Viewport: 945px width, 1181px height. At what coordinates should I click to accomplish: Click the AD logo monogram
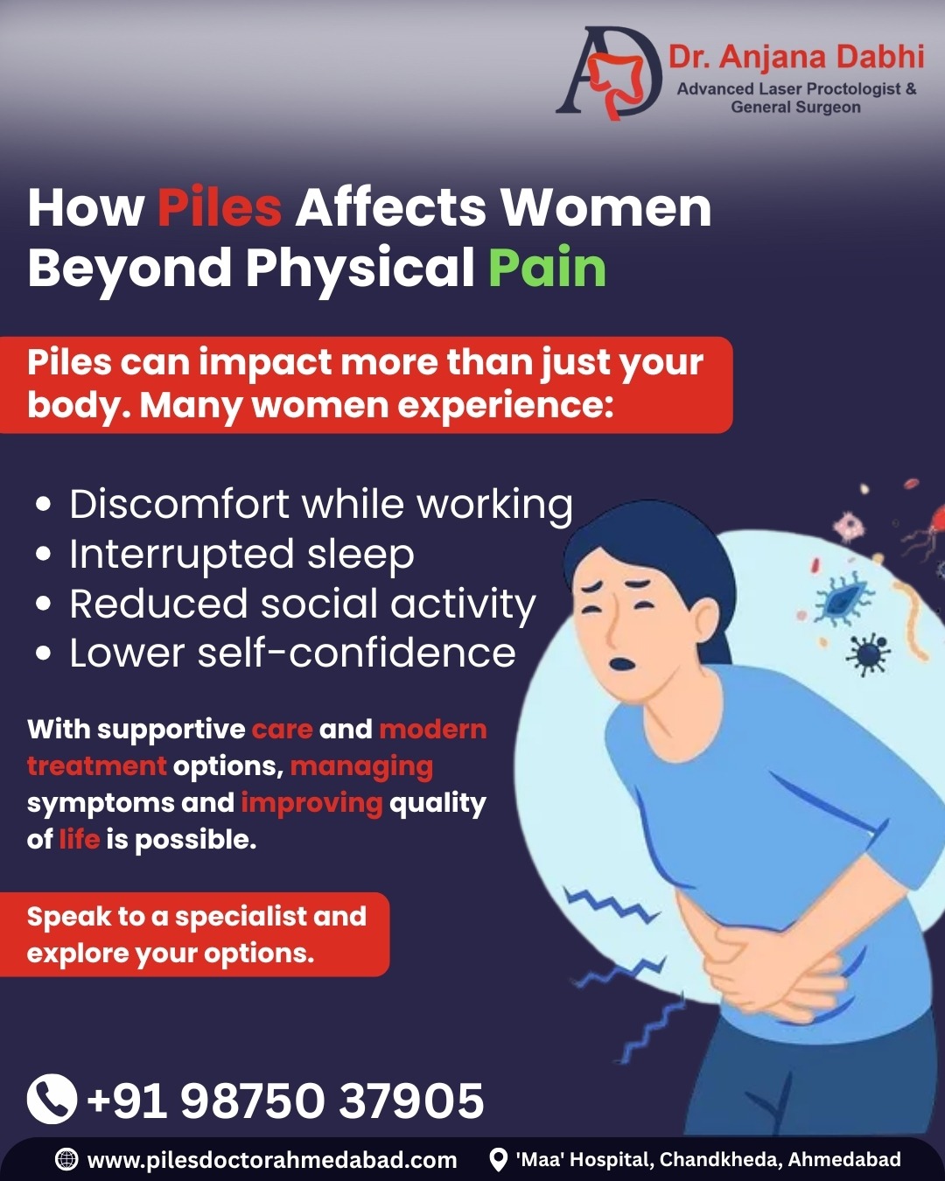(608, 73)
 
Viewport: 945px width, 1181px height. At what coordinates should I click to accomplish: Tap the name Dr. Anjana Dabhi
(796, 57)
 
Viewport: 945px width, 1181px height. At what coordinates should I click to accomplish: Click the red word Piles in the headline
(220, 208)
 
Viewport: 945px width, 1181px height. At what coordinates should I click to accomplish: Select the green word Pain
(548, 268)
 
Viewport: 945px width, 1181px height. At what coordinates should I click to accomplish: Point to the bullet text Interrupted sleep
(241, 554)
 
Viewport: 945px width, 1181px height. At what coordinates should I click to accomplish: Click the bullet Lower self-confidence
(292, 653)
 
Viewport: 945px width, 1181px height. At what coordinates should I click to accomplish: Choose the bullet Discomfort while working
(321, 504)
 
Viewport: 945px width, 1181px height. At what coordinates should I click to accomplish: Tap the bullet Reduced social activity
(303, 604)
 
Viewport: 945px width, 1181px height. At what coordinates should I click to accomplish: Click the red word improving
(311, 803)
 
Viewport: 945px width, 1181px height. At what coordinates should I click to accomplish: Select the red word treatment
(96, 766)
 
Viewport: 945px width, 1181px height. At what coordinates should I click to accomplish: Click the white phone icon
(52, 1100)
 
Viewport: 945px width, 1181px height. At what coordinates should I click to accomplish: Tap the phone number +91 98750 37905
(285, 1101)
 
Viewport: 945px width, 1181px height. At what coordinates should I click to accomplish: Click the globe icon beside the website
(66, 1159)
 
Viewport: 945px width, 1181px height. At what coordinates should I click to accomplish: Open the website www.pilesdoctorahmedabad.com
(272, 1160)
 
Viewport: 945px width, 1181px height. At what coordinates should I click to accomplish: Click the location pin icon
(498, 1160)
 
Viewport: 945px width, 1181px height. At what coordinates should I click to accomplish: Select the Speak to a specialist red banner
(194, 934)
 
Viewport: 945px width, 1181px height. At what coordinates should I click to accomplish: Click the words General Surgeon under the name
(795, 107)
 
